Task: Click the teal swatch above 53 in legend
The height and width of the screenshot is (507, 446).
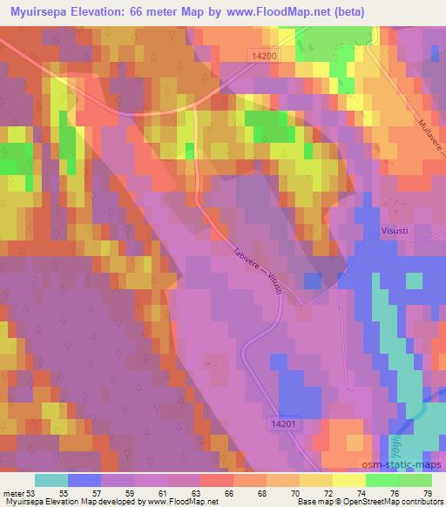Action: pos(51,480)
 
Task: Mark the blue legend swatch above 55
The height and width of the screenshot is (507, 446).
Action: pos(84,480)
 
